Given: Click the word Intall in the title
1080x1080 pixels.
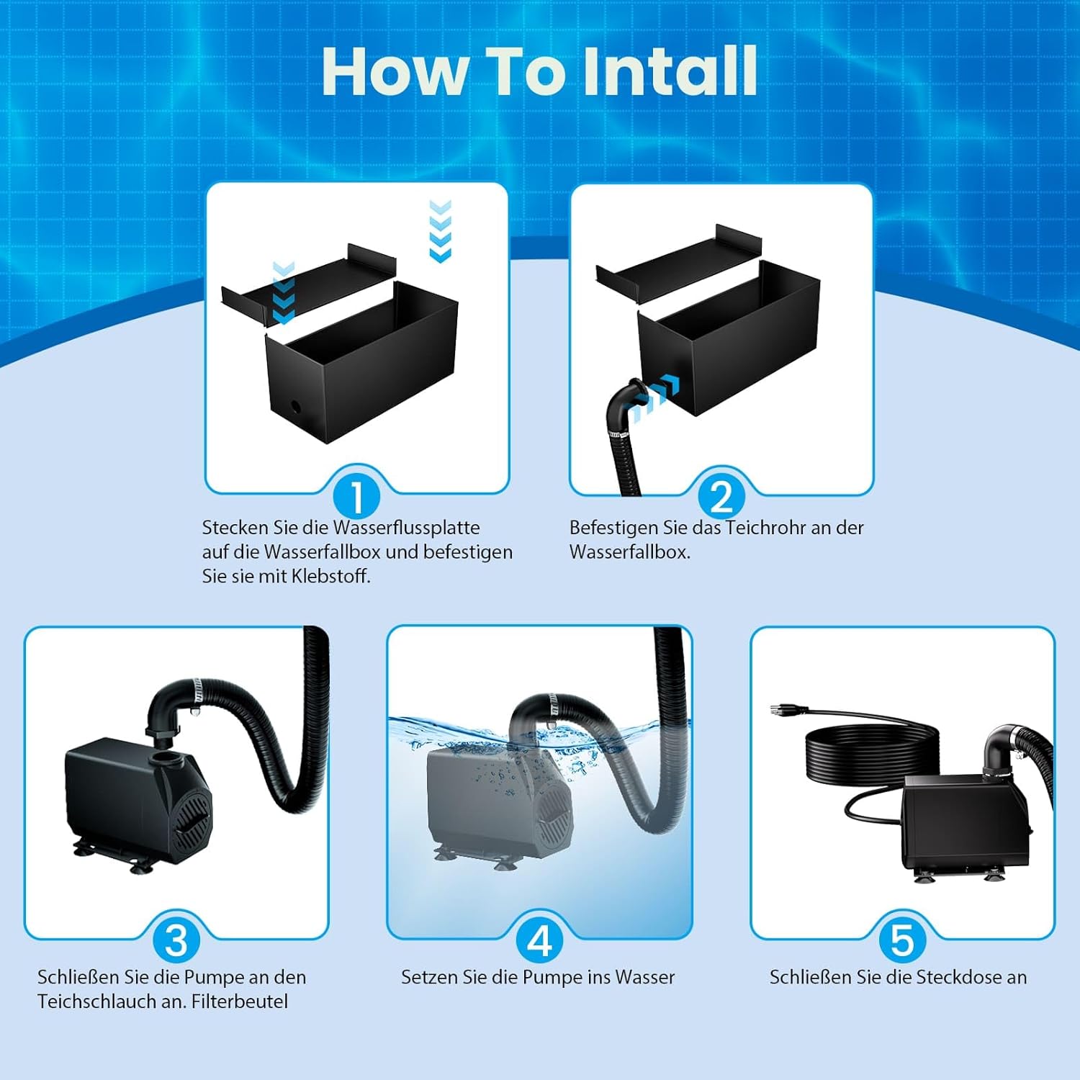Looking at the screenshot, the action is tap(670, 71).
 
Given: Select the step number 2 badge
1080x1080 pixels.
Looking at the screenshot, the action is tap(721, 496).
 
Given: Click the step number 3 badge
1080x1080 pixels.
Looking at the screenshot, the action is tap(176, 941).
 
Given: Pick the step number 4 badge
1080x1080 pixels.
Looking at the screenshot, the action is tap(540, 941).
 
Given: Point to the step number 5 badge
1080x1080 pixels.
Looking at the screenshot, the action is tap(903, 941).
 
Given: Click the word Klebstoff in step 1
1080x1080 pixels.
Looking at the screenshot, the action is tap(330, 576).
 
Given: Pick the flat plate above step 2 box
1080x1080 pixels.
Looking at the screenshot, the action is tap(678, 264).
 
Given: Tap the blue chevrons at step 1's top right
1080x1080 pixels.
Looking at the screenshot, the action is tap(440, 231).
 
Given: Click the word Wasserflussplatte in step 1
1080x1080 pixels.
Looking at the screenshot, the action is tap(407, 528).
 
